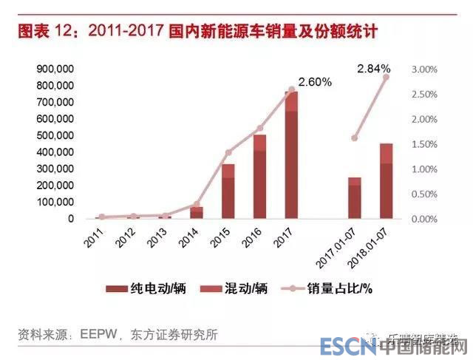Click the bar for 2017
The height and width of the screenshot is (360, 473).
point(291,155)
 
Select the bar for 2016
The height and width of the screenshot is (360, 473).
point(260,177)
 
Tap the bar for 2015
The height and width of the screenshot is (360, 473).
point(228,191)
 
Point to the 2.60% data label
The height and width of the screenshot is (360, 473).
point(314,82)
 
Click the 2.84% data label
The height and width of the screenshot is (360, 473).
point(374,69)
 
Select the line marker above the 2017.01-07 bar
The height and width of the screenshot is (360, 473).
point(355,138)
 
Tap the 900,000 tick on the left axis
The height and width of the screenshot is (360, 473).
point(54,69)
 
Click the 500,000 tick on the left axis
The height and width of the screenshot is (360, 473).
point(54,136)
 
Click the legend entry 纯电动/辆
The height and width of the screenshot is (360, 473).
point(146,288)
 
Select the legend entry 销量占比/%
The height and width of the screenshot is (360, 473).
point(341,288)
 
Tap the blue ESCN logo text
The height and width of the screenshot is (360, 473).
point(346,346)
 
